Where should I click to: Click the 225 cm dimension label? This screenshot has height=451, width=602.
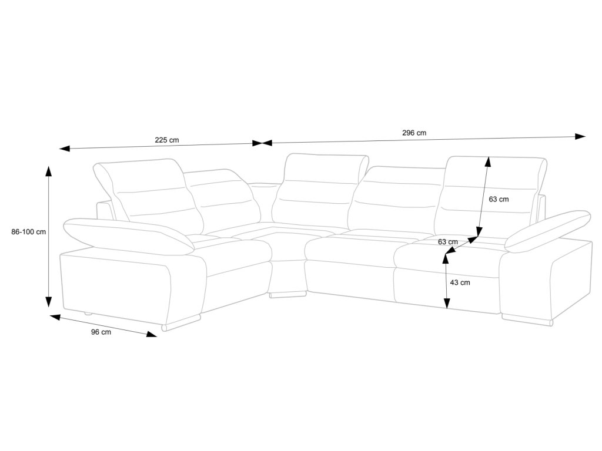(x=166, y=140)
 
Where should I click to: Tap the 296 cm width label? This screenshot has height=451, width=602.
(x=414, y=133)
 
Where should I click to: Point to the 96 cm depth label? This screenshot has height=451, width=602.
(x=101, y=332)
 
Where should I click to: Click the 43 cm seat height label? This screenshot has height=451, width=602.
(x=459, y=282)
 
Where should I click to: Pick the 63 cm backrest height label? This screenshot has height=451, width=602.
(x=499, y=199)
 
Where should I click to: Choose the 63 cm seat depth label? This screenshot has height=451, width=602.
(x=448, y=241)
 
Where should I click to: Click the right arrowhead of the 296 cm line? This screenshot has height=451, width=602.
(x=581, y=136)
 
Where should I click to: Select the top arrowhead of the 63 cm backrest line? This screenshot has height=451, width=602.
(x=487, y=160)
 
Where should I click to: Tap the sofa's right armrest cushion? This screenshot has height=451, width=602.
(x=547, y=228)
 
